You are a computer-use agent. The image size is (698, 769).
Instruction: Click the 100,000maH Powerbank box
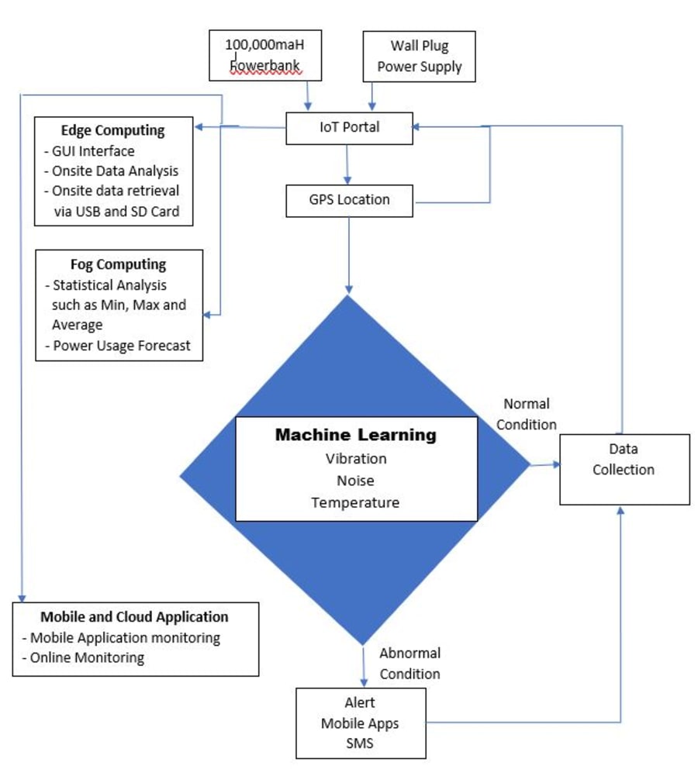tap(264, 55)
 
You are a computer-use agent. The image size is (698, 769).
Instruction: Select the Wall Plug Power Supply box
tap(419, 56)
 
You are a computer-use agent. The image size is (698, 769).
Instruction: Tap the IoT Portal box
tap(349, 127)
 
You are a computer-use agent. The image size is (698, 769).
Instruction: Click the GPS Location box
tap(349, 200)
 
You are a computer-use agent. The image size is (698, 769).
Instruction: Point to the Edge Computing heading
tap(113, 129)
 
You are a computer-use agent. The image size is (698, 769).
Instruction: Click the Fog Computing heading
tap(119, 264)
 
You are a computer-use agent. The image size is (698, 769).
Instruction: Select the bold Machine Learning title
tap(355, 435)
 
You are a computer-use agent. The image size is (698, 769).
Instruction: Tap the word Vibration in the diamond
tap(356, 458)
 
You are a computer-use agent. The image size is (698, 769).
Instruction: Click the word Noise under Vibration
tap(356, 481)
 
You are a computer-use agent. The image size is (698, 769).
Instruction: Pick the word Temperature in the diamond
tap(356, 503)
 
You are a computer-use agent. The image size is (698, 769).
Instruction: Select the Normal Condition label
tap(527, 414)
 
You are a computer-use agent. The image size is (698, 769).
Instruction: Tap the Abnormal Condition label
tap(409, 664)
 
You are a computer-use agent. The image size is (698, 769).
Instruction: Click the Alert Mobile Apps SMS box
tap(361, 722)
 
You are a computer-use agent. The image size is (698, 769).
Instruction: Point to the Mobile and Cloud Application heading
tap(134, 617)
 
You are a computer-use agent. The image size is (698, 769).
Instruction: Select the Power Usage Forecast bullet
tap(120, 346)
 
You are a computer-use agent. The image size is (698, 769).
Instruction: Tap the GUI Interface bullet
tap(92, 151)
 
